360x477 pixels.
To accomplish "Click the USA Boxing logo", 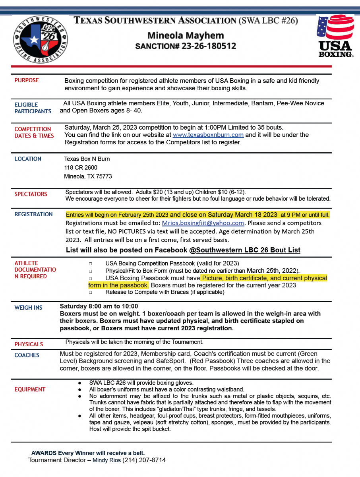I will pyautogui.click(x=335, y=36).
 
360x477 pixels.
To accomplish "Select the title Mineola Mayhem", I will pyautogui.click(x=186, y=35).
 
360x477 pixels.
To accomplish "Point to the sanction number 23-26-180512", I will pyautogui.click(x=209, y=46).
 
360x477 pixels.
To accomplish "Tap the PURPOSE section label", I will pyautogui.click(x=27, y=80).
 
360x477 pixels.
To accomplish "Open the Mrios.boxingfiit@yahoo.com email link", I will pyautogui.click(x=203, y=223).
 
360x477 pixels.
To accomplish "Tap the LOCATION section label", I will pyautogui.click(x=28, y=159).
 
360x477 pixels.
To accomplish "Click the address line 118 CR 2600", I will pyautogui.click(x=81, y=167).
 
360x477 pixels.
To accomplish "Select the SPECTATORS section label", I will pyautogui.click(x=31, y=194).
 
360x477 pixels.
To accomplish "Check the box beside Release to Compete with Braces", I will pyautogui.click(x=91, y=292).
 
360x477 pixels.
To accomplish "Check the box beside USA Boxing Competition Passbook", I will pyautogui.click(x=91, y=264).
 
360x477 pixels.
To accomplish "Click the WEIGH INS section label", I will pyautogui.click(x=28, y=308).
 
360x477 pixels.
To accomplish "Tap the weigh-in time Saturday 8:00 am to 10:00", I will pyautogui.click(x=99, y=306).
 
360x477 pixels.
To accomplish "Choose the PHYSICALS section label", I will pyautogui.click(x=29, y=344).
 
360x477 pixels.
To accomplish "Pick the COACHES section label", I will pyautogui.click(x=27, y=355).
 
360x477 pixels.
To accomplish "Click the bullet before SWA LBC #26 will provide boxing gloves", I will pyautogui.click(x=80, y=383).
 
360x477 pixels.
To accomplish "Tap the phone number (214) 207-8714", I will pyautogui.click(x=144, y=460).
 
